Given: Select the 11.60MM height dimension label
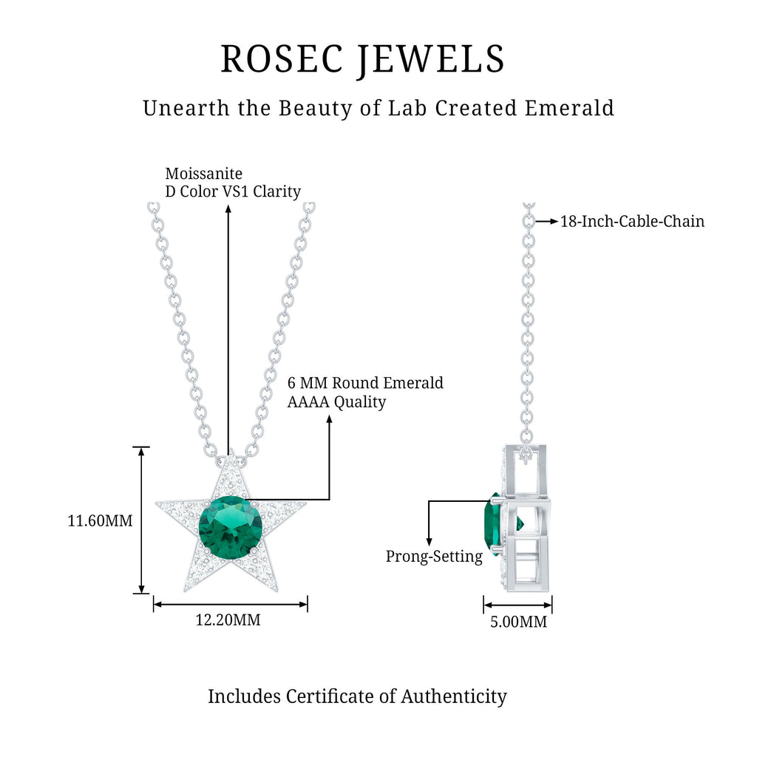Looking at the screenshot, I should coord(100,520).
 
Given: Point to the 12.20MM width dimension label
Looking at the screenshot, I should coord(228,619).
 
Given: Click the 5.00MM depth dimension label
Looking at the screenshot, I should coord(518,622).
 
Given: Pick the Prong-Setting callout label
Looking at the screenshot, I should coord(434,557).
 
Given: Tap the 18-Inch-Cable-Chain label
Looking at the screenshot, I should coord(632,221).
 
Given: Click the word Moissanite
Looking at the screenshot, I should coord(203,174).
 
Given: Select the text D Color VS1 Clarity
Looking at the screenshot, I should coord(233,191).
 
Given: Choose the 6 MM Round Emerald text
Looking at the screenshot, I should coord(365,383).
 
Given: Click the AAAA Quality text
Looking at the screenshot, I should coord(336,401).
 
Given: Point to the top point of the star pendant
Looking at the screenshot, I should coord(230,452).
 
